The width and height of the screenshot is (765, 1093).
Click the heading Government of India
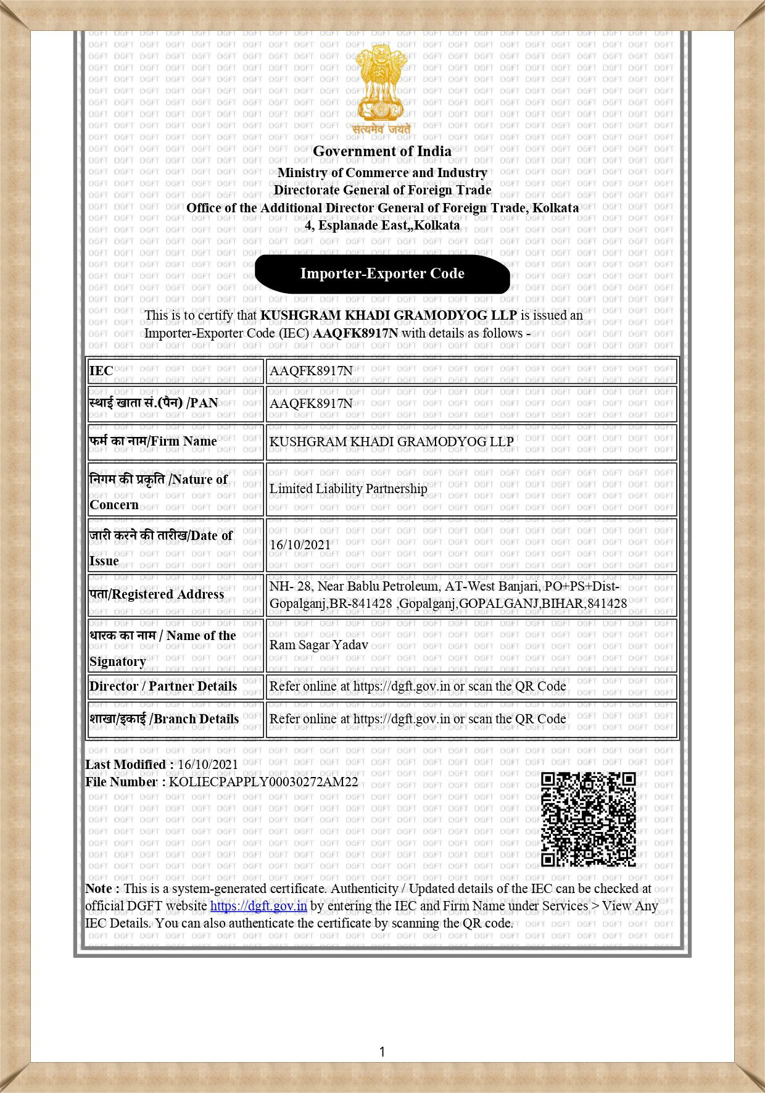[x=382, y=151]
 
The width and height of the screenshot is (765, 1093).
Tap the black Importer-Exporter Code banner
[x=382, y=273]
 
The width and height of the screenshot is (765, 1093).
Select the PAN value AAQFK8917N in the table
[x=311, y=404]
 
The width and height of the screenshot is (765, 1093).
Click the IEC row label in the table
[x=102, y=371]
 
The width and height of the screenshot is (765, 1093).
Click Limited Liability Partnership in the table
[x=348, y=489]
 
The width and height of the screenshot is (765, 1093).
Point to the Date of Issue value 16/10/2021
[x=300, y=545]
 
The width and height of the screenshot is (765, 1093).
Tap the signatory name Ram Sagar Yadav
[x=318, y=645]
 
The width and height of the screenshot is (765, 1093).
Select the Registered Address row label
[x=157, y=594]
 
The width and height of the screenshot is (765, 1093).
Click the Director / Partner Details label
[x=163, y=686]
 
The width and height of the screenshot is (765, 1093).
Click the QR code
[x=588, y=819]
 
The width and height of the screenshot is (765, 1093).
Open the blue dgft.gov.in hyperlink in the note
[x=258, y=906]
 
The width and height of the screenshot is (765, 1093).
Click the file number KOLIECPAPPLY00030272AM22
[x=263, y=782]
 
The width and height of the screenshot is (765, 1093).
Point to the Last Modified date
[x=207, y=764]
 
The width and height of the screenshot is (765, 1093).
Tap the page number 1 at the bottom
[x=382, y=1052]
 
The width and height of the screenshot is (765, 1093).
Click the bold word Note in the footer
[x=99, y=889]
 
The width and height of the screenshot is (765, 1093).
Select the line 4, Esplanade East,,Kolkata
[x=382, y=225]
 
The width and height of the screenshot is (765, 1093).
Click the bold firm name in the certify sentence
[x=388, y=315]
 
